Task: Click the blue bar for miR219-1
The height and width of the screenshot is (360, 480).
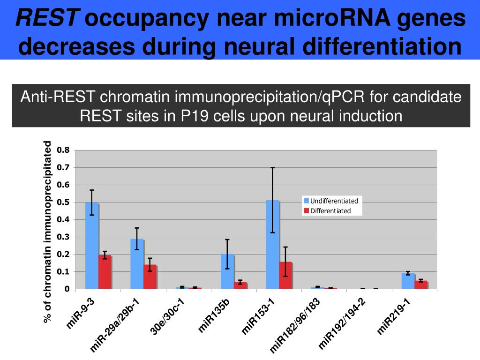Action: [x=408, y=281]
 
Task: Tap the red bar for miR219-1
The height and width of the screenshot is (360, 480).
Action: [x=421, y=285]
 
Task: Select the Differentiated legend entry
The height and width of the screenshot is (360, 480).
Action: [x=330, y=211]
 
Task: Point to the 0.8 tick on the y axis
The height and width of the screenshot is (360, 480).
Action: [x=63, y=150]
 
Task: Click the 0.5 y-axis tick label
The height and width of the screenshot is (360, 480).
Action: [x=63, y=202]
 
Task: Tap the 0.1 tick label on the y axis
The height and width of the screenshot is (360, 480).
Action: [x=63, y=272]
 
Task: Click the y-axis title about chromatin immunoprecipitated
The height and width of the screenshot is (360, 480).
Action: [x=47, y=232]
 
